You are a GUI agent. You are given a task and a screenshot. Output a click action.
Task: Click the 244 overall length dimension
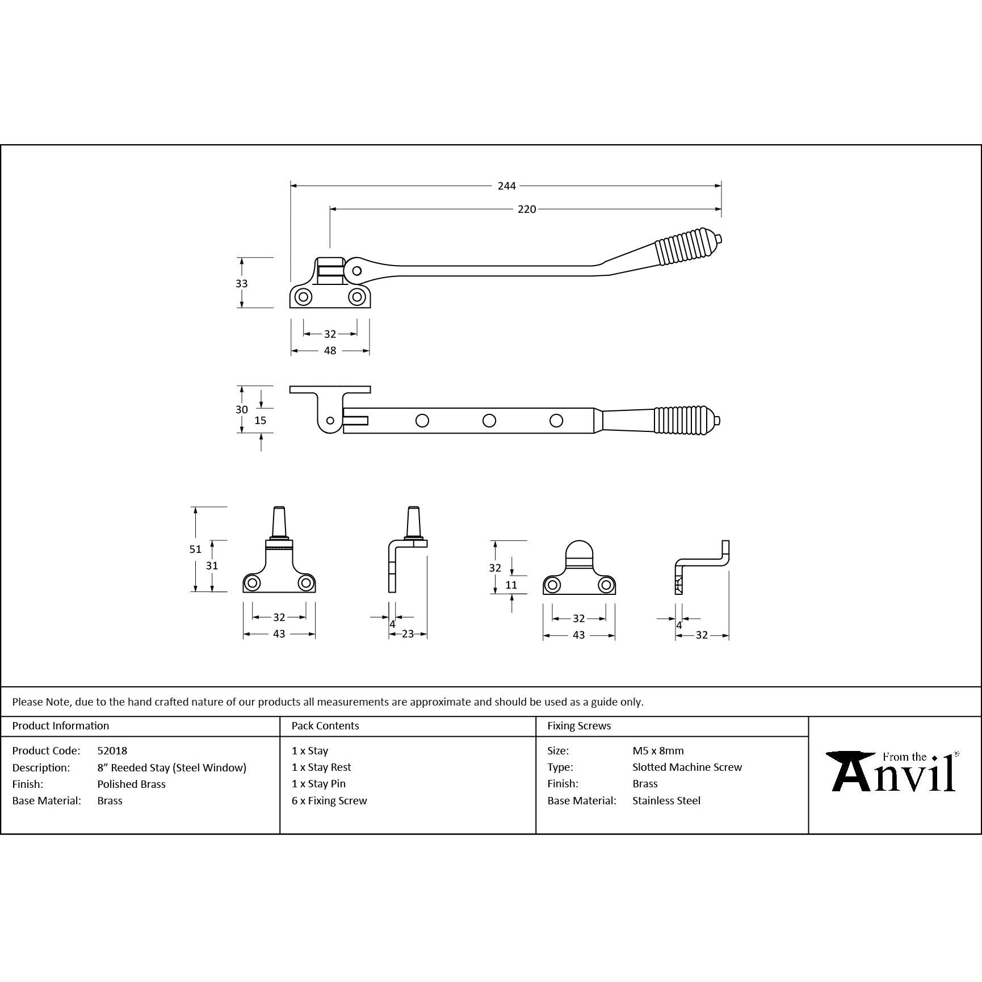pos(506,186)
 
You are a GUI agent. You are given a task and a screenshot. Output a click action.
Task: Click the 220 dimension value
pos(526,209)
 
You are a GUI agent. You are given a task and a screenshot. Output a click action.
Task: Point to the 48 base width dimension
pos(330,351)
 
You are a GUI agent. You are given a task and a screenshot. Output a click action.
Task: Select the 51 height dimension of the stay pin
pos(195,549)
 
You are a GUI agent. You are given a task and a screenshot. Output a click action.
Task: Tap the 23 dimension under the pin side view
pos(408,634)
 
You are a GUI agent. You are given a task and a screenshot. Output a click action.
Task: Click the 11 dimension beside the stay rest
pos(511,585)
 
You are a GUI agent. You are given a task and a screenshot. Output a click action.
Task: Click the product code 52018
pos(112,750)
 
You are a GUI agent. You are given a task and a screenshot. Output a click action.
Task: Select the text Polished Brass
pos(131,784)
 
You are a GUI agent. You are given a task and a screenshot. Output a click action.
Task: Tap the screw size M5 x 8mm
pos(658,750)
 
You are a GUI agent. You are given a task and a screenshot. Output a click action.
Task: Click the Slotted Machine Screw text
pos(687,767)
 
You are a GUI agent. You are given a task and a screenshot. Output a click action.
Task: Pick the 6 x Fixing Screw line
pos(329,800)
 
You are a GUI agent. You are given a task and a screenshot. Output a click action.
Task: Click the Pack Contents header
pos(325,725)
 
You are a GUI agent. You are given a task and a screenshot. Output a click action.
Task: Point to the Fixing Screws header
pos(579,725)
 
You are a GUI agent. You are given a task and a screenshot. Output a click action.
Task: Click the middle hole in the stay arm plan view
pos(489,421)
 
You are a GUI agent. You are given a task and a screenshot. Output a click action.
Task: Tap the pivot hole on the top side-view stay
pos(356,271)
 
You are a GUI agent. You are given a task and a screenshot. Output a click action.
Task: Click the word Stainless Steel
pos(666,800)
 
